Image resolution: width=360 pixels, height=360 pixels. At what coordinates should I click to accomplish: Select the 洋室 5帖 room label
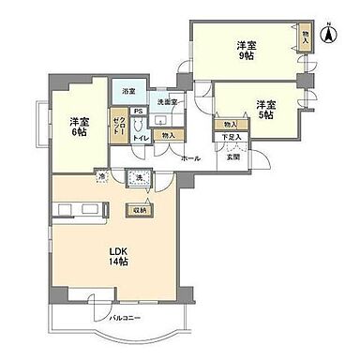pos(263,110)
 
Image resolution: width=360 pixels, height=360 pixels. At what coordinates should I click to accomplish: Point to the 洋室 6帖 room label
pos(78,126)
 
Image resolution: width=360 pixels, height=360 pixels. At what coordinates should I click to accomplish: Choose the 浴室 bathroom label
pos(127,91)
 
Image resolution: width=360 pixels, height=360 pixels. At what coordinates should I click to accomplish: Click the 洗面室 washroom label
pos(167,100)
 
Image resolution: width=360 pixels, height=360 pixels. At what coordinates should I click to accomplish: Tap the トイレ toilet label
pos(140,137)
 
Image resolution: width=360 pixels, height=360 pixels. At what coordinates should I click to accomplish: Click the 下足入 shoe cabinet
pos(231,138)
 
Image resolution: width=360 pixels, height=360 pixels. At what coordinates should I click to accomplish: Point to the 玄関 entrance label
pos(232,156)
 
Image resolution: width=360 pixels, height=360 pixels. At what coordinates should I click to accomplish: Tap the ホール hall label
pos(191,157)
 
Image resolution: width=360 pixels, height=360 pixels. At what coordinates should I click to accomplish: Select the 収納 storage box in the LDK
pos(138,210)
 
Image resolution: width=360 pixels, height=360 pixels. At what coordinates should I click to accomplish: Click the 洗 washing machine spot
pos(139,178)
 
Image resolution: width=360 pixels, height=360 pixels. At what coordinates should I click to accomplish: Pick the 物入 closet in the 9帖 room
pos(306,39)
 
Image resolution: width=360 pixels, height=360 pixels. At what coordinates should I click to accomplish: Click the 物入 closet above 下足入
pos(228,124)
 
